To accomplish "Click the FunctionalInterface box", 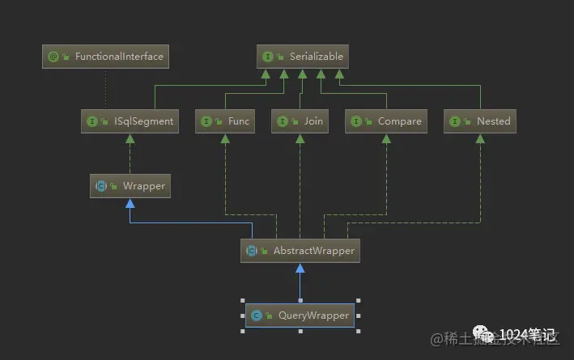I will click(105, 57).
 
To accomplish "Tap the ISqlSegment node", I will click(130, 121).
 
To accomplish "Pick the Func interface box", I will click(225, 121).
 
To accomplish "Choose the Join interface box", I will click(300, 121).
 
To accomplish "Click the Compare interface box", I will click(386, 121).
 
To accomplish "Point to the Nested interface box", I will click(481, 121).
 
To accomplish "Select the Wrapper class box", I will click(130, 186).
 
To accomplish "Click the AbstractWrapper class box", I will click(300, 251).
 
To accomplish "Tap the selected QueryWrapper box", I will click(300, 316).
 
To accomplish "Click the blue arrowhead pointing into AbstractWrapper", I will click(300, 268).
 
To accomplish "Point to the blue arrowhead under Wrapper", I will click(130, 203).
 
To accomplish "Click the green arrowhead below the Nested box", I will click(481, 138).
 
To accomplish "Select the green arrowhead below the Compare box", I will click(386, 138).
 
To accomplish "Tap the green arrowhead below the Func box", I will click(225, 138).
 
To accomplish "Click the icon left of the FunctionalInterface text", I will click(54, 57).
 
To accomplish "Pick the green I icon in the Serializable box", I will click(267, 57).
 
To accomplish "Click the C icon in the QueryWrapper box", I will click(257, 316).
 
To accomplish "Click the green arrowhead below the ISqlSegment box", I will click(130, 138).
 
